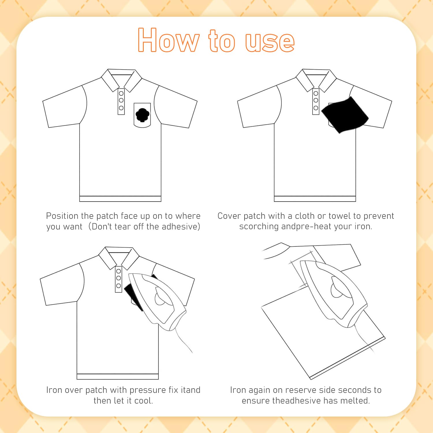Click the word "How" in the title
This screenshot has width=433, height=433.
click(x=169, y=40)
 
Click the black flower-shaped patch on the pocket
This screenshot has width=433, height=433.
click(x=142, y=115)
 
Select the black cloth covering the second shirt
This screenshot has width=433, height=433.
click(x=345, y=115)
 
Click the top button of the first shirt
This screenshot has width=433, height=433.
click(x=121, y=94)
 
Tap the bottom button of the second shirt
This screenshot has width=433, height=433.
click(x=316, y=108)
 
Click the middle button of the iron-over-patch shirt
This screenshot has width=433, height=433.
click(x=119, y=278)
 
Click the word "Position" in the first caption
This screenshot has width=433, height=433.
click(x=62, y=216)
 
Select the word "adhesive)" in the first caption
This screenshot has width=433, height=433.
click(x=181, y=227)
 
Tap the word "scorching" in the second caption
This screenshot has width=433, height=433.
click(x=259, y=227)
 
